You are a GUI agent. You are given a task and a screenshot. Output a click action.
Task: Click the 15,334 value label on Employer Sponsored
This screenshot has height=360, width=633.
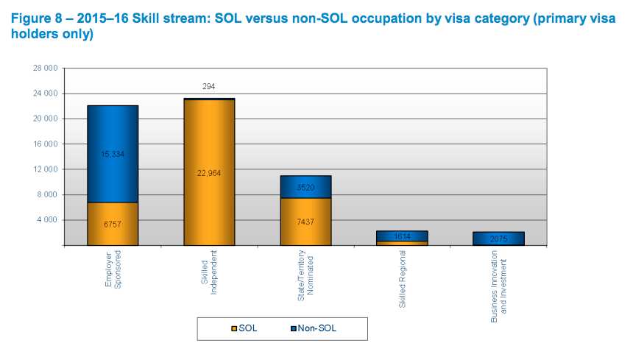(x=113, y=154)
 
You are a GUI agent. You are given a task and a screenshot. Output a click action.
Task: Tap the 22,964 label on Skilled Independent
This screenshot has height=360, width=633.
(x=209, y=173)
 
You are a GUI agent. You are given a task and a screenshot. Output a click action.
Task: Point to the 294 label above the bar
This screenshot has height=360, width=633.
(x=209, y=86)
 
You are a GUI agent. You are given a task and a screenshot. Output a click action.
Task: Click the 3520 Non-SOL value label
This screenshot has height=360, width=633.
(x=306, y=188)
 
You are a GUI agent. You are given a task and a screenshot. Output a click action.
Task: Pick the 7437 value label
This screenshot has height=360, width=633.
(x=306, y=221)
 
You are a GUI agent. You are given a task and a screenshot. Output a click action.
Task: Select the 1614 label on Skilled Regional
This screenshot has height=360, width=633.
(x=403, y=236)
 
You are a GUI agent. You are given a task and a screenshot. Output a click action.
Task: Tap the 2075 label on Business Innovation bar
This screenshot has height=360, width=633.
(x=499, y=239)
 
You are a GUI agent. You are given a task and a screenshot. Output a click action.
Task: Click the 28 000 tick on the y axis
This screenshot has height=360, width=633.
(x=46, y=68)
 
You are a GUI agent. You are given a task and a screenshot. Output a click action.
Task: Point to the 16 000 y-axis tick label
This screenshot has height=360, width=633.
(x=46, y=144)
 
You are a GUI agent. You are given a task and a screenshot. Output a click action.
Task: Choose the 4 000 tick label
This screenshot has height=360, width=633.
(x=48, y=220)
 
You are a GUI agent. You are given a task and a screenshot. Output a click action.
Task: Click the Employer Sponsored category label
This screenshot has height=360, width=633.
(x=113, y=273)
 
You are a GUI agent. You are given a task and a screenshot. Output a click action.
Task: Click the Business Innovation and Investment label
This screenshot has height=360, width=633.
(x=499, y=283)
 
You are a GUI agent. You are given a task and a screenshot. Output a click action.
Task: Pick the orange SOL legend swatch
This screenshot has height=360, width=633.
(x=235, y=328)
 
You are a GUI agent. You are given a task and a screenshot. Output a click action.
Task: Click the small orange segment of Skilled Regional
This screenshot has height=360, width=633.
(x=403, y=243)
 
